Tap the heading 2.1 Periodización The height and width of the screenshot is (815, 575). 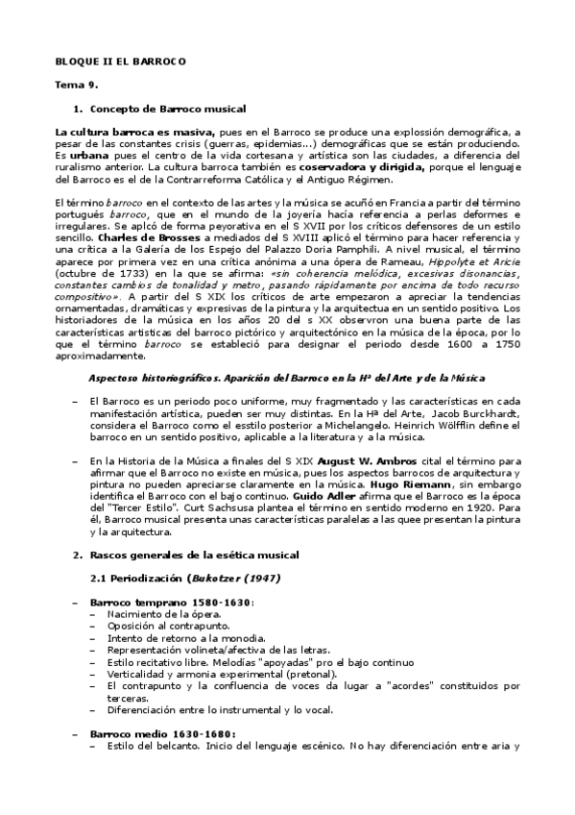(x=141, y=579)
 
